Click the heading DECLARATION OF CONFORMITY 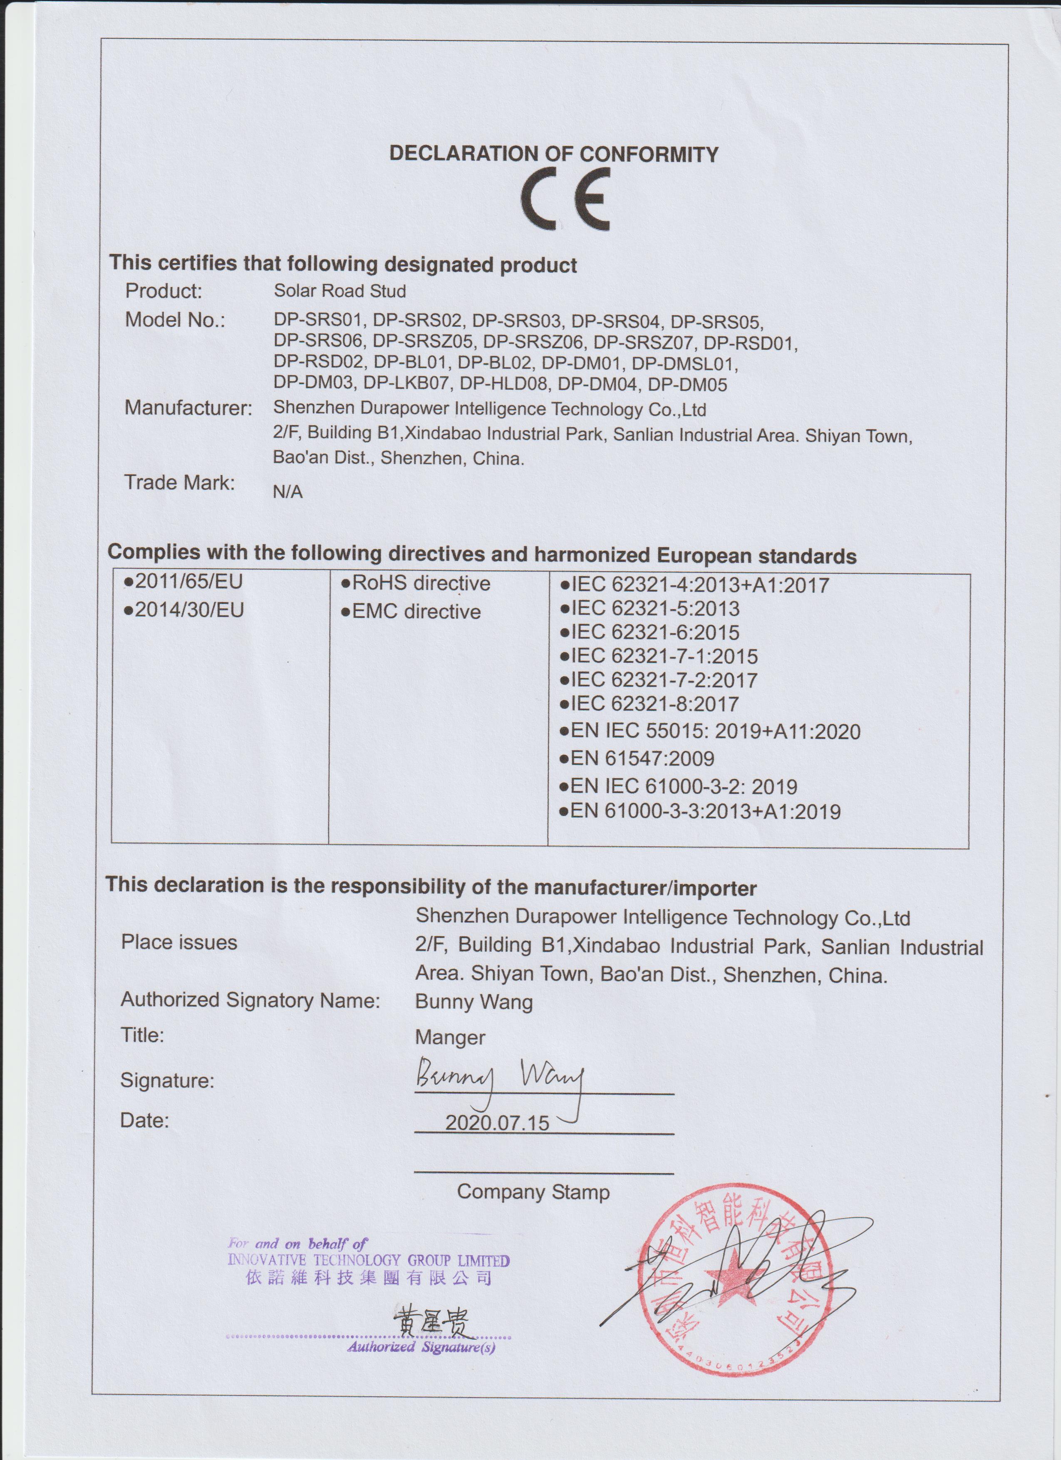pyautogui.click(x=553, y=154)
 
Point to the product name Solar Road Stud pyautogui.click(x=340, y=291)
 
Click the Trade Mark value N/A pyautogui.click(x=288, y=492)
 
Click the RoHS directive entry pyautogui.click(x=416, y=583)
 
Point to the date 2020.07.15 pyautogui.click(x=497, y=1123)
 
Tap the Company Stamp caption pyautogui.click(x=533, y=1192)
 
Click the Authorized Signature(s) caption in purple pyautogui.click(x=421, y=1347)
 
